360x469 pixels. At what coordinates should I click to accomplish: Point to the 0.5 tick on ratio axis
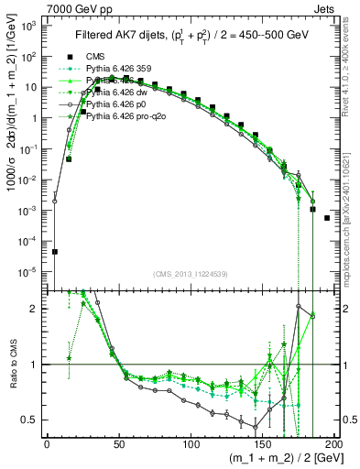click(x=32, y=420)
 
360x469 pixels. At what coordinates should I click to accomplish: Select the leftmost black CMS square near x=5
click(x=54, y=251)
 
